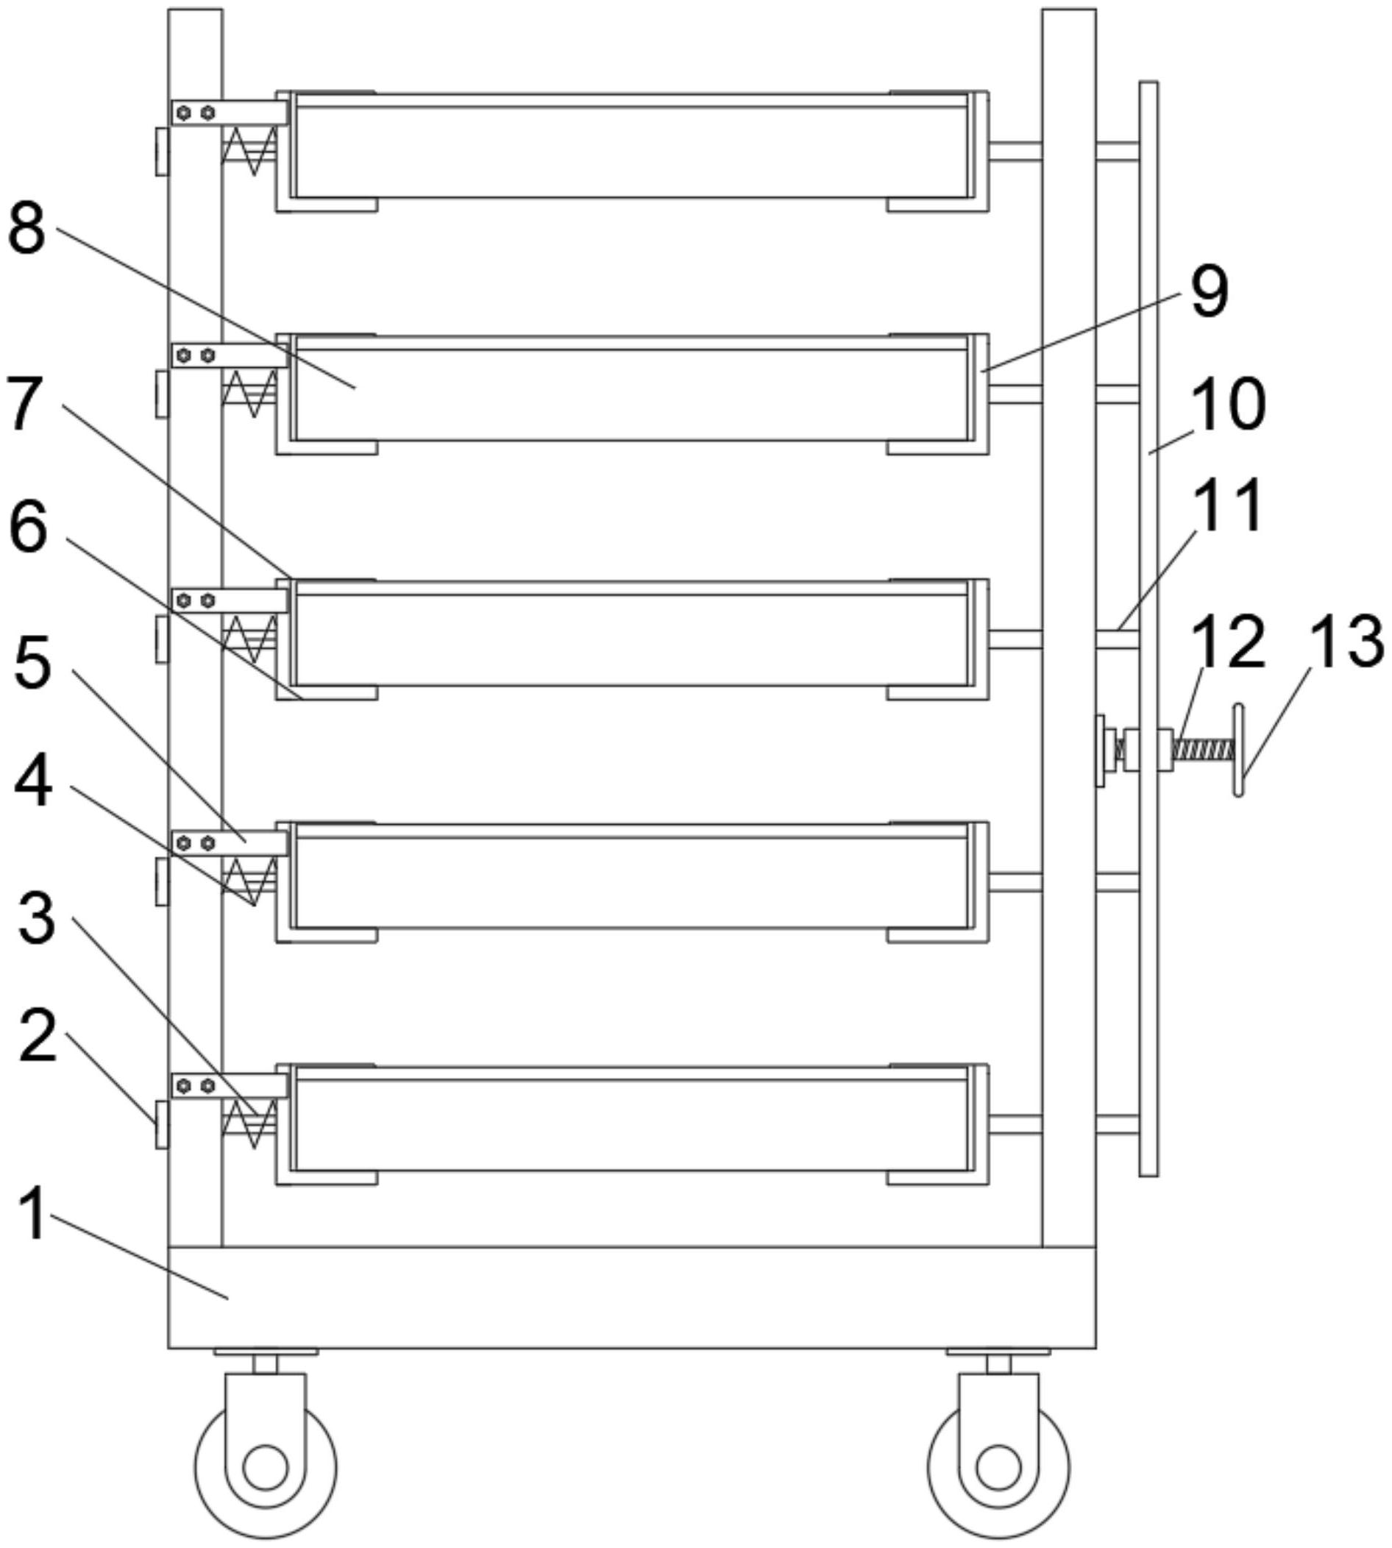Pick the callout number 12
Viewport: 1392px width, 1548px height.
(x=1227, y=641)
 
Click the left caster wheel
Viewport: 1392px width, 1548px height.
(x=265, y=1468)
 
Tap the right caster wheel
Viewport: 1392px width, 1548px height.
(x=998, y=1468)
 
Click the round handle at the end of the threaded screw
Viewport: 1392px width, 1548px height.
(x=1238, y=751)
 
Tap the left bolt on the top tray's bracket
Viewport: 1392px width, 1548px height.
(x=183, y=113)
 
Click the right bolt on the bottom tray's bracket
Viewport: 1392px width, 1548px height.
(x=207, y=1086)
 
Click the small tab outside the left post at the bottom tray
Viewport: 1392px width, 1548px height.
(x=161, y=1124)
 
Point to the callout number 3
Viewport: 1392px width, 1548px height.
(x=36, y=917)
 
